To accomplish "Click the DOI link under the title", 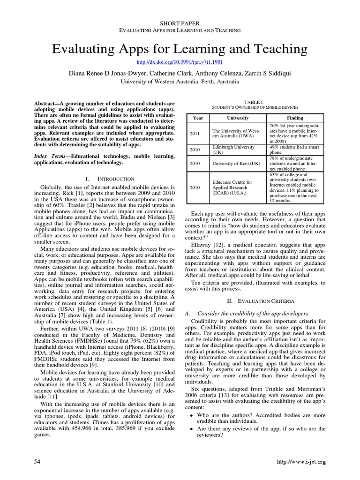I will [x=180, y=62].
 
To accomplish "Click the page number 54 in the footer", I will [x=37, y=462].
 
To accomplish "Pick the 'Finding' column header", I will [x=295, y=118].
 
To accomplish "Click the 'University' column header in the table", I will [x=238, y=118].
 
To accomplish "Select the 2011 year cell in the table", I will [x=195, y=133].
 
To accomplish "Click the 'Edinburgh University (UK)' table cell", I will [x=234, y=150].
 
